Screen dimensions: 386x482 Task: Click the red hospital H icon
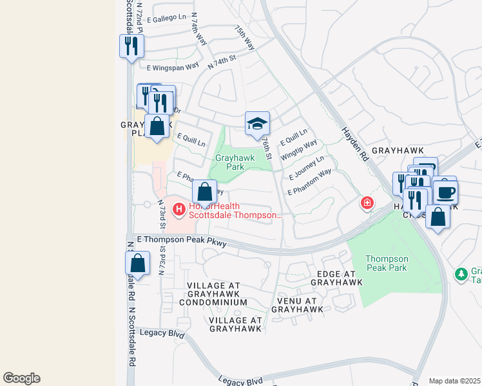(x=178, y=209)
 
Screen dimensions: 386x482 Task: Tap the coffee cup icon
(x=445, y=192)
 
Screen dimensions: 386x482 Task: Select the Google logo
(x=21, y=378)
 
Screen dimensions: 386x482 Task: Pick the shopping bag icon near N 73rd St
(x=137, y=262)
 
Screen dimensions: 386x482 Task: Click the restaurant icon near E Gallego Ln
(x=131, y=46)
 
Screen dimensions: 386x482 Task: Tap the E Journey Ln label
(x=307, y=167)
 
